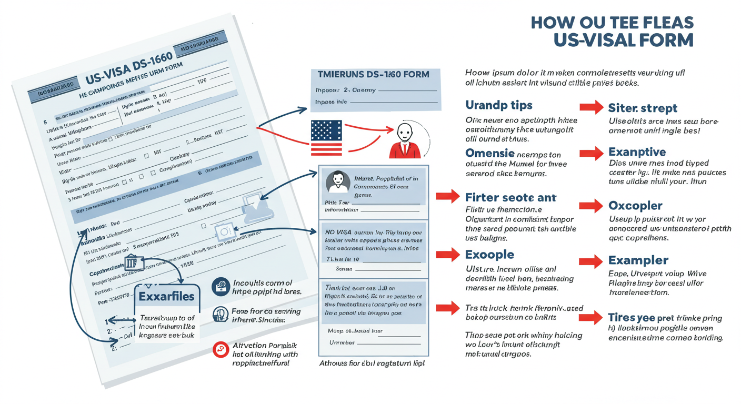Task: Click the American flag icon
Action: click(326, 138)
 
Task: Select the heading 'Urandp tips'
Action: click(499, 105)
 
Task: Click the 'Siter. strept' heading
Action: click(643, 108)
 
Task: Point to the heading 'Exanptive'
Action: click(637, 152)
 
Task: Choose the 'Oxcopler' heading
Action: click(635, 206)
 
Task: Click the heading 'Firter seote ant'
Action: click(510, 197)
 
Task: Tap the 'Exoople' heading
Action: click(489, 255)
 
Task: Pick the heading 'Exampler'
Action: click(638, 260)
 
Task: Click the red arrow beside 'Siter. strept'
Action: click(591, 108)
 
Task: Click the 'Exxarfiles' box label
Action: click(166, 296)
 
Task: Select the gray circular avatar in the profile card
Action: click(338, 181)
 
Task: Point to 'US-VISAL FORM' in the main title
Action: click(623, 40)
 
